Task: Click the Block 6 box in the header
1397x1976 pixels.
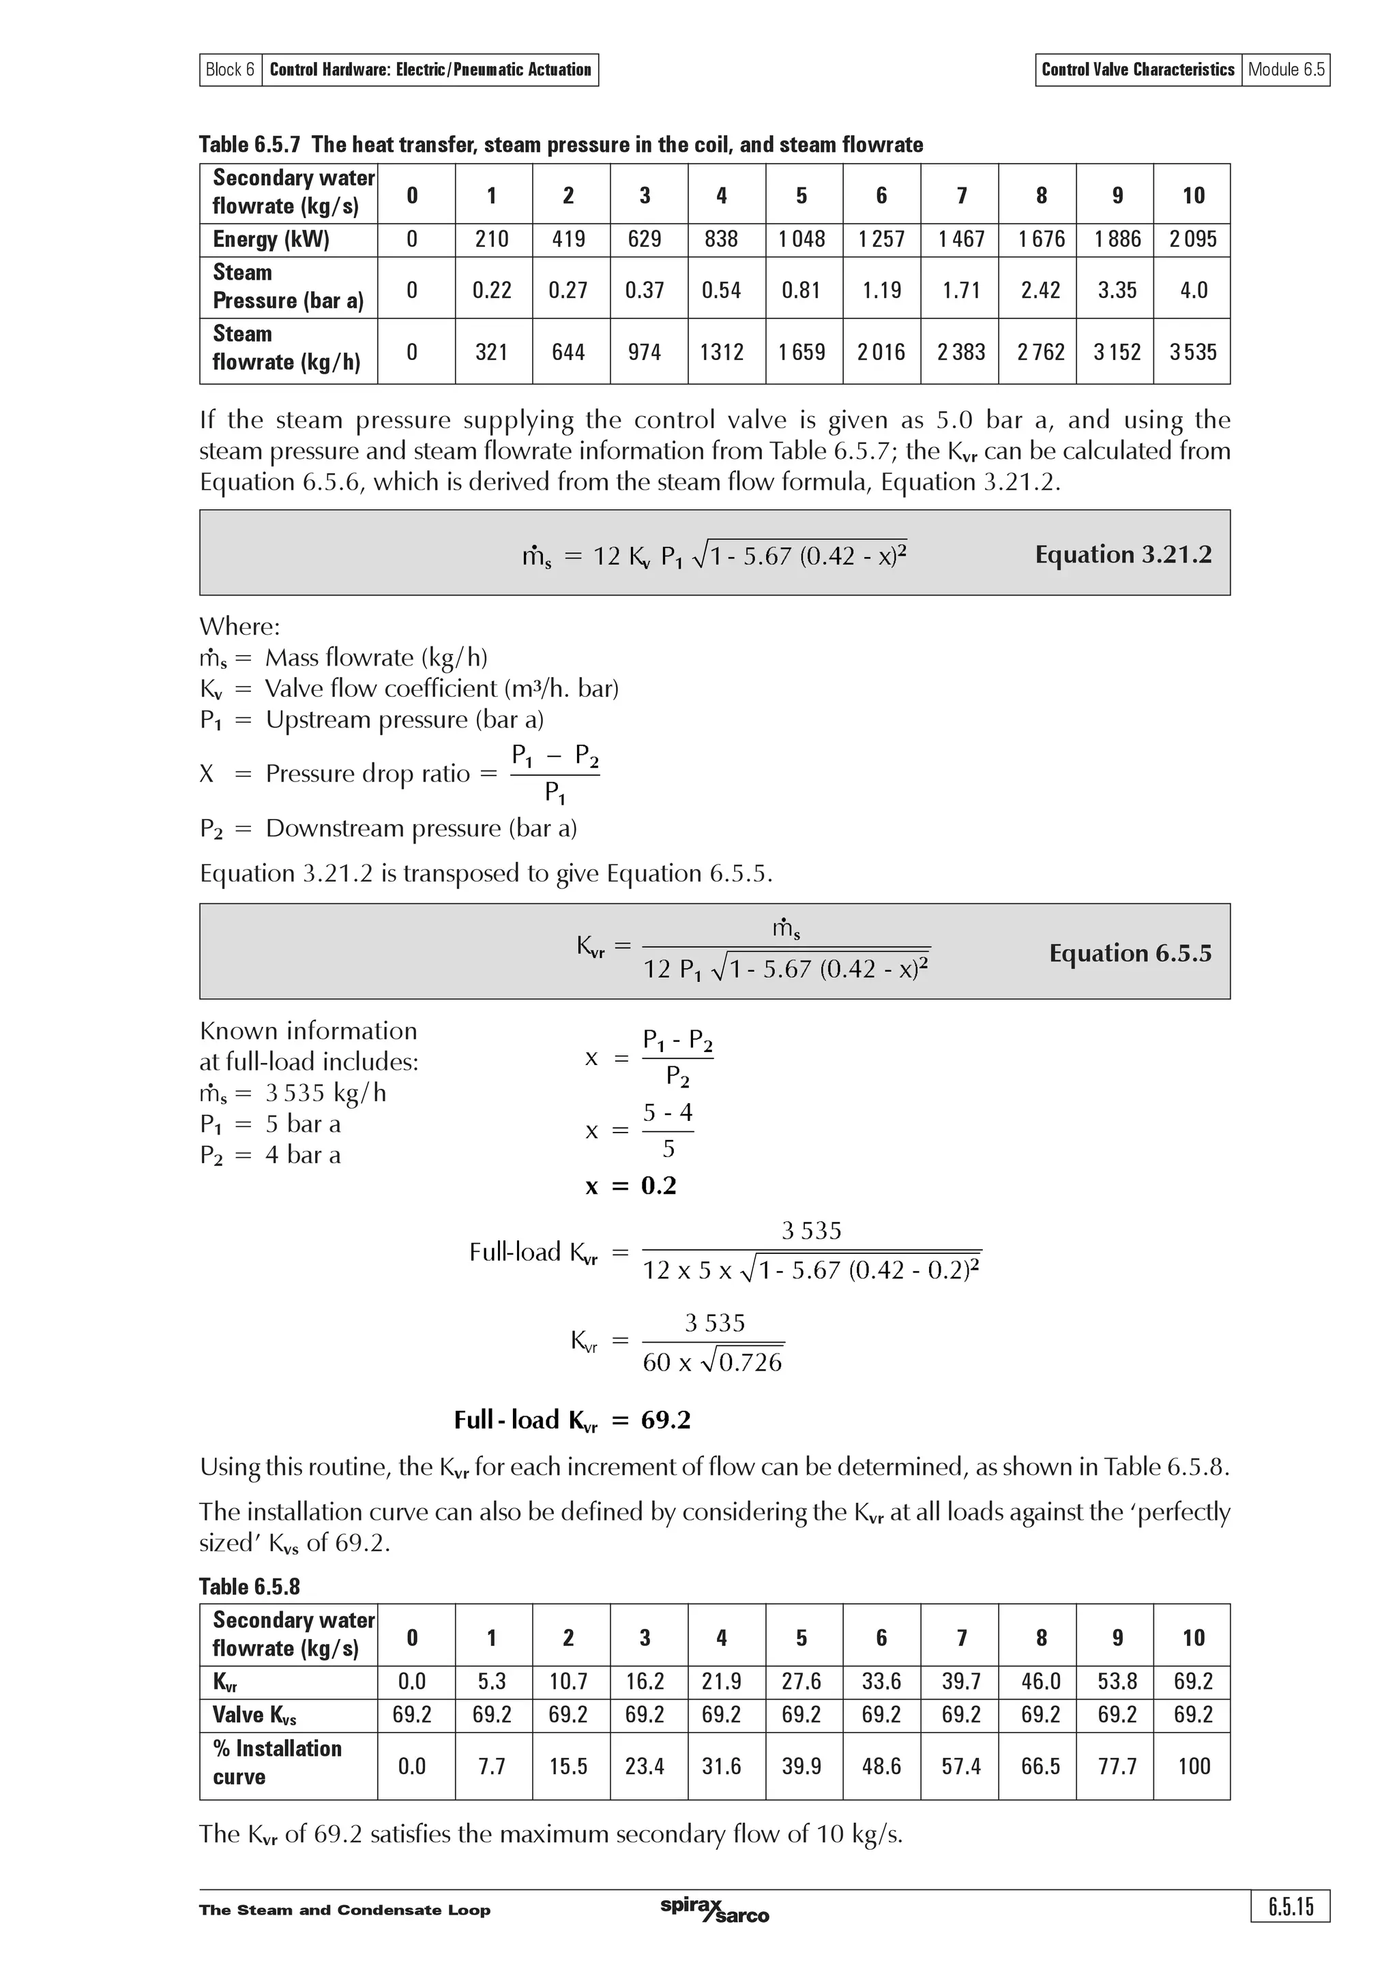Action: (x=230, y=70)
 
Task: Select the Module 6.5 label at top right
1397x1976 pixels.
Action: (x=1286, y=70)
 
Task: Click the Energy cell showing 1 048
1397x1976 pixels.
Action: (x=802, y=239)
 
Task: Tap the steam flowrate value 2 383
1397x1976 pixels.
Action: (x=960, y=352)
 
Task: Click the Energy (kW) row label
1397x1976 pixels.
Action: (x=271, y=239)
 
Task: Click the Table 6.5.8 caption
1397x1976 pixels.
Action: (x=250, y=1586)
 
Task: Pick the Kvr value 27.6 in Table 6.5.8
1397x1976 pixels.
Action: (x=802, y=1681)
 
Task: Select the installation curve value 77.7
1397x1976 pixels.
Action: (x=1117, y=1766)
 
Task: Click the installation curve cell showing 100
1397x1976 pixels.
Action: (x=1193, y=1766)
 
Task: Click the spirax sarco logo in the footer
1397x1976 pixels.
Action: (x=714, y=1910)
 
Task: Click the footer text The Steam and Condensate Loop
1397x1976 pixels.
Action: (x=344, y=1911)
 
